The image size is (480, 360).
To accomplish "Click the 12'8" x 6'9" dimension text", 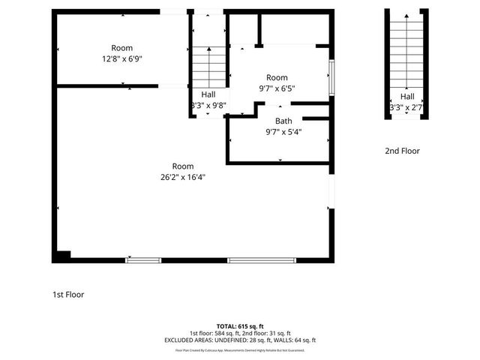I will point(122,58).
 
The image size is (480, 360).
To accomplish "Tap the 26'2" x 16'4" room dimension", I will point(183,177).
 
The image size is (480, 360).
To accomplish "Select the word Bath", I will point(283,121).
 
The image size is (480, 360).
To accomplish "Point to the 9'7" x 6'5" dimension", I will point(277,88).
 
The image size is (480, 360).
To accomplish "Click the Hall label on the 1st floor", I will point(208,94).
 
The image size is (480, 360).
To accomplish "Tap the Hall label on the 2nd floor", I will point(407,97).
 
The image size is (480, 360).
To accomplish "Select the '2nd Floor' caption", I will point(402,151).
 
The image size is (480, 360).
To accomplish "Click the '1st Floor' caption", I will point(67,295).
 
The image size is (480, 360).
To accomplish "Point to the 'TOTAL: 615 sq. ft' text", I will point(240,326).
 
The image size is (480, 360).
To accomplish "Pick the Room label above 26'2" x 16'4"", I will point(183,166).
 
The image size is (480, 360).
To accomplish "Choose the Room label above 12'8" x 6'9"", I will point(122,48).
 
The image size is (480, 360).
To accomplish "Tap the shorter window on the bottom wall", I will point(142,260).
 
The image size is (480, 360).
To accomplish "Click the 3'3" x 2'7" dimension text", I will point(407,107).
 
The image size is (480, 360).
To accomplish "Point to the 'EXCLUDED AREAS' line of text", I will point(240,340).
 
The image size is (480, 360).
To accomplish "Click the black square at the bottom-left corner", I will point(61,255).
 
